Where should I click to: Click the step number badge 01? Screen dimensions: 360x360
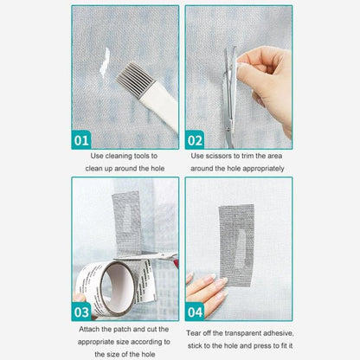[82, 138]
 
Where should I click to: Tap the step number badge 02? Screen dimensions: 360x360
[196, 138]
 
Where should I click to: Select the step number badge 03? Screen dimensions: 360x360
[82, 311]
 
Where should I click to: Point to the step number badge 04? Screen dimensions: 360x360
[196, 311]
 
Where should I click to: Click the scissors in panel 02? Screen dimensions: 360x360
[229, 87]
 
